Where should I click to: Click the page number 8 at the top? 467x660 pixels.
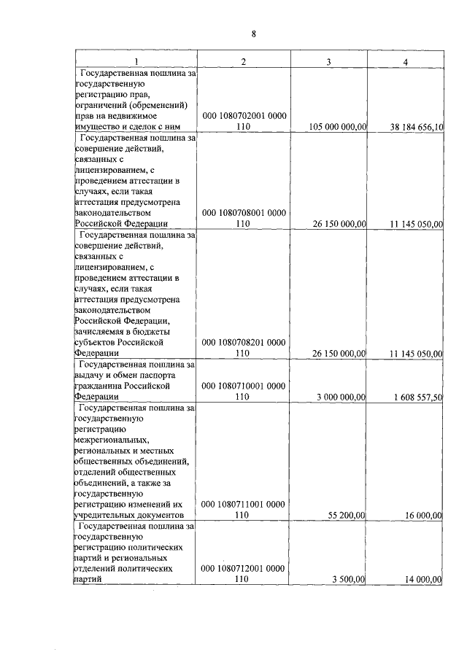[x=253, y=34]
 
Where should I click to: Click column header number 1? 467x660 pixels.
[x=136, y=61]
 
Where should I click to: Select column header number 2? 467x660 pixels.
[x=244, y=61]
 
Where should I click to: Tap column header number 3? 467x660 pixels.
[x=329, y=61]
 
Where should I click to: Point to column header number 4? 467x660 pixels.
[x=405, y=61]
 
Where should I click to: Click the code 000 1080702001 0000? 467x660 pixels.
[x=244, y=116]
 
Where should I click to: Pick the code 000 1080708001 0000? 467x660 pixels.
[x=244, y=213]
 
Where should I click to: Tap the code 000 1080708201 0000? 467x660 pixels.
[x=244, y=342]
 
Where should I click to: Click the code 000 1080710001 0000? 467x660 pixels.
[x=244, y=385]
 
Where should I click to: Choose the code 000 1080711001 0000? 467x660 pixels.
[x=244, y=504]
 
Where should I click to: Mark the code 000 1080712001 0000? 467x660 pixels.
[x=244, y=568]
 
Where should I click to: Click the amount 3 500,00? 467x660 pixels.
[x=349, y=579]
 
